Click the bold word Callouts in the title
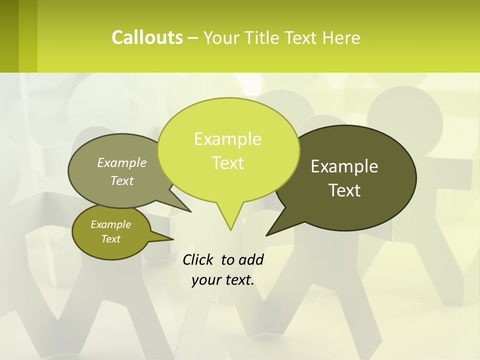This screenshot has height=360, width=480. pos(147,38)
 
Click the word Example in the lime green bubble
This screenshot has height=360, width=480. pos(227,139)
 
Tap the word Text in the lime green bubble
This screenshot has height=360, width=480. pos(227,163)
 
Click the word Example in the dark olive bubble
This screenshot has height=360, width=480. pos(344,166)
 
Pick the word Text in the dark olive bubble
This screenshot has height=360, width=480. pos(344,190)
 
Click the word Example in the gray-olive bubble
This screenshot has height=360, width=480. pos(122,162)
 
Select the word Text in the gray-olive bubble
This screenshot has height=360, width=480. pos(122,180)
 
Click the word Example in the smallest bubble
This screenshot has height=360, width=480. pos(110,224)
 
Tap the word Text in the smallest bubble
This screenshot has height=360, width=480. pos(110,239)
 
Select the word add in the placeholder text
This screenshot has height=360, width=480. pos(251,260)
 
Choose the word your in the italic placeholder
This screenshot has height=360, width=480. pos(206,280)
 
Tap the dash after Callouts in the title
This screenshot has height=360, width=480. pos(193,38)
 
